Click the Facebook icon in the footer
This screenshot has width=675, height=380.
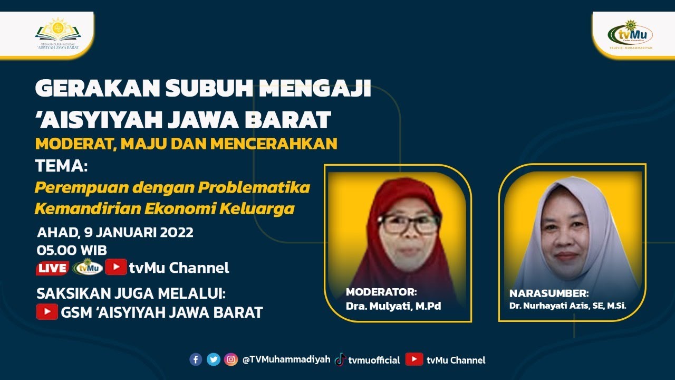coord(196,359)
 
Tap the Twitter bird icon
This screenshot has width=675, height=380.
coord(214,359)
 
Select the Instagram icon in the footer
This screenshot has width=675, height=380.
coord(231,359)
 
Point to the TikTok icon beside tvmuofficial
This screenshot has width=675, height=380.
coord(340,359)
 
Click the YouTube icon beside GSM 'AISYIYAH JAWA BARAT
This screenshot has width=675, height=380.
coord(47,312)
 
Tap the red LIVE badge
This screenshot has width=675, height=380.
coord(52,268)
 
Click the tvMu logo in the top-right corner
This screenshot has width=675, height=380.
coord(631,34)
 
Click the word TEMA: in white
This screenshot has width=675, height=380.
coord(61,166)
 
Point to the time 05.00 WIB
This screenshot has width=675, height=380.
coord(72,250)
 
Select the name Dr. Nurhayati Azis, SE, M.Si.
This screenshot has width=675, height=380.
coord(567,305)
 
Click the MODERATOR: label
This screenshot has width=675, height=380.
coord(381,292)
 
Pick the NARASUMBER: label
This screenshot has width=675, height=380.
coord(549,293)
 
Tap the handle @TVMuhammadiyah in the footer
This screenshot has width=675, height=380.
coord(286,360)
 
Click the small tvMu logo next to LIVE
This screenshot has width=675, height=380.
coord(88,268)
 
